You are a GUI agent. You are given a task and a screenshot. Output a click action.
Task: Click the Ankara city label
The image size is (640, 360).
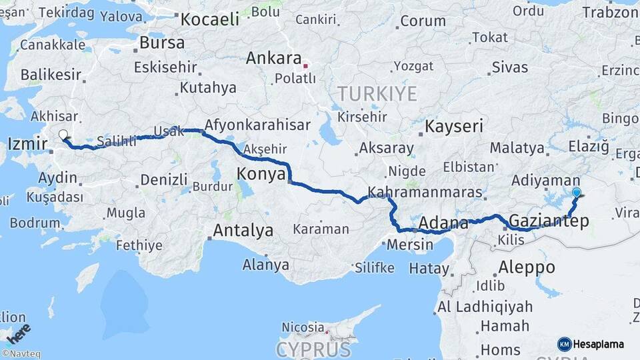click(273, 59)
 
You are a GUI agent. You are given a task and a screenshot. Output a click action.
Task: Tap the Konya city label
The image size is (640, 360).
click(261, 175)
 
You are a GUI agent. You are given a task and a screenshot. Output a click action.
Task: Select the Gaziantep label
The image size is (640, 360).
click(549, 221)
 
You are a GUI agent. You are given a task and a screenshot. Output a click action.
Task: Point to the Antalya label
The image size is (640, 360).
click(243, 231)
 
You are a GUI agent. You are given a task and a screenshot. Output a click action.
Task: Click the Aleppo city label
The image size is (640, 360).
click(527, 267)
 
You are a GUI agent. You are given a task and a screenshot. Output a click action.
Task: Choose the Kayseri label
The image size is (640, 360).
click(454, 126)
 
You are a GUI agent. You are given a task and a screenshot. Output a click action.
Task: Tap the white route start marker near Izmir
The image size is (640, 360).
click(63, 135)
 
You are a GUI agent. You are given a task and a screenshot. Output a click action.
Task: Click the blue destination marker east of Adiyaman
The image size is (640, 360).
click(577, 193)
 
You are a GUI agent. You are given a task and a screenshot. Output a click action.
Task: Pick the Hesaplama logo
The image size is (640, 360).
click(591, 344)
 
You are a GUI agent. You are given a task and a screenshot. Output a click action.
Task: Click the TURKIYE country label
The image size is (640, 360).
click(377, 93)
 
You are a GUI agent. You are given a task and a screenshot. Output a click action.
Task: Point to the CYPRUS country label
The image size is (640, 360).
click(313, 349)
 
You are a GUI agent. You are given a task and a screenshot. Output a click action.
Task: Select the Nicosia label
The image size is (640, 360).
click(303, 327)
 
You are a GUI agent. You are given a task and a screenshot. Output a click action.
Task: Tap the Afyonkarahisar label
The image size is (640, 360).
click(257, 125)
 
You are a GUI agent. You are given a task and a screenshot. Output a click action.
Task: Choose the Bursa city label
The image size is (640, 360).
click(162, 43)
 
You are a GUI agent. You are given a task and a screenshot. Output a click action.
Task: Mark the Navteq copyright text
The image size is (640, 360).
click(20, 354)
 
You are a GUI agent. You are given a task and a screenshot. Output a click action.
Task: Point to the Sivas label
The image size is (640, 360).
click(510, 67)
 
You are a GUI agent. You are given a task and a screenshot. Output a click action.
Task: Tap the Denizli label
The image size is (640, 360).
click(164, 179)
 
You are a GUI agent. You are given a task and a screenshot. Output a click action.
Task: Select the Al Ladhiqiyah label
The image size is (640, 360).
click(485, 307)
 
